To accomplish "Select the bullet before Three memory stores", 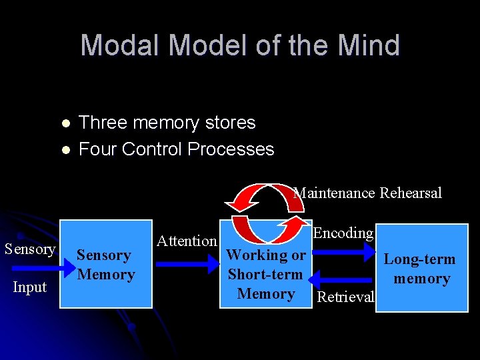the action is [64, 123].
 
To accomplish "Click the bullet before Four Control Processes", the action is [64, 149].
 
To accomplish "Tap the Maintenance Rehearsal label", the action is [368, 193].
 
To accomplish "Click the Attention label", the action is [187, 241].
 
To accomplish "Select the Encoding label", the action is [343, 233].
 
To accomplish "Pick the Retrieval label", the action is [345, 297].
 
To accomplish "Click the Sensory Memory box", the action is [106, 265].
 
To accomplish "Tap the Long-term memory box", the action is [421, 269].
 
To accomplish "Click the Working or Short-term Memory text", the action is [266, 274].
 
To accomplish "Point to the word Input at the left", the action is [30, 287].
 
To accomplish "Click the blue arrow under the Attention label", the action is [188, 264].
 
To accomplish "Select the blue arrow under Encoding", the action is [343, 251].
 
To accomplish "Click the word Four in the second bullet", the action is [97, 149].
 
